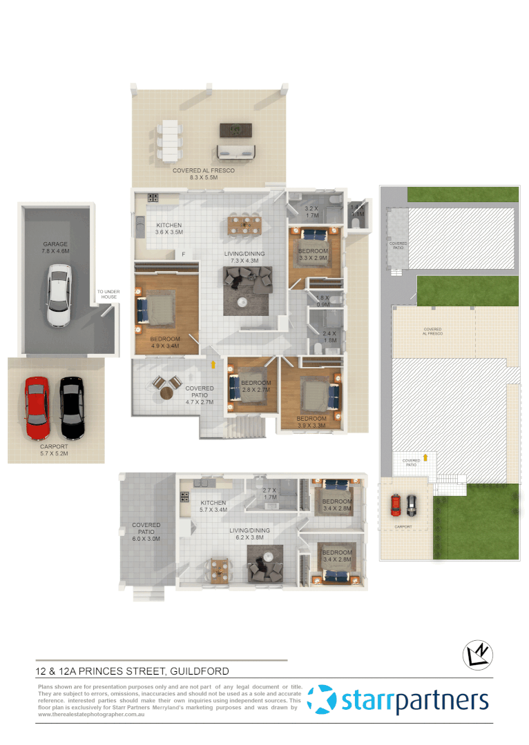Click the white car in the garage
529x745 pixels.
(x=58, y=297)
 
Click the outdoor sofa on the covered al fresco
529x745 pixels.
(x=236, y=151)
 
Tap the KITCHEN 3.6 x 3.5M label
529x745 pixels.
(x=169, y=229)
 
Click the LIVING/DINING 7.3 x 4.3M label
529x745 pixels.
(x=241, y=257)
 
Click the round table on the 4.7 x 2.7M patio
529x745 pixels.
(x=167, y=393)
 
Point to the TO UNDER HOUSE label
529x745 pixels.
(x=108, y=295)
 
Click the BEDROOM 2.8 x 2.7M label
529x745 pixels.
(x=256, y=386)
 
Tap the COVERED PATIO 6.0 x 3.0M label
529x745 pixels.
(x=146, y=532)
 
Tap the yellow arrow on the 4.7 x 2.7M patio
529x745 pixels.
(x=213, y=362)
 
